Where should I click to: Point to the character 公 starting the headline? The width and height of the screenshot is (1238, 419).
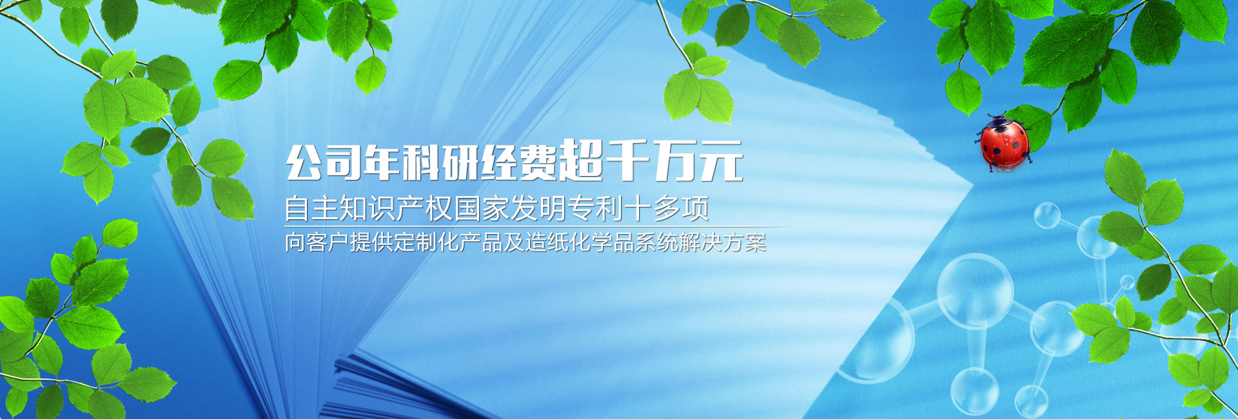pyautogui.click(x=304, y=162)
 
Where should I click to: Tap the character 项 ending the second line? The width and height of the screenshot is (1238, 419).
pyautogui.click(x=695, y=208)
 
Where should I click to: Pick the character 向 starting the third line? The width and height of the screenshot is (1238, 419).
pyautogui.click(x=295, y=242)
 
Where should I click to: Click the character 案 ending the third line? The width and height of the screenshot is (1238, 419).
pyautogui.click(x=756, y=242)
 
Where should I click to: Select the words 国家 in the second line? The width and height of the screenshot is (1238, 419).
pyautogui.click(x=482, y=208)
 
